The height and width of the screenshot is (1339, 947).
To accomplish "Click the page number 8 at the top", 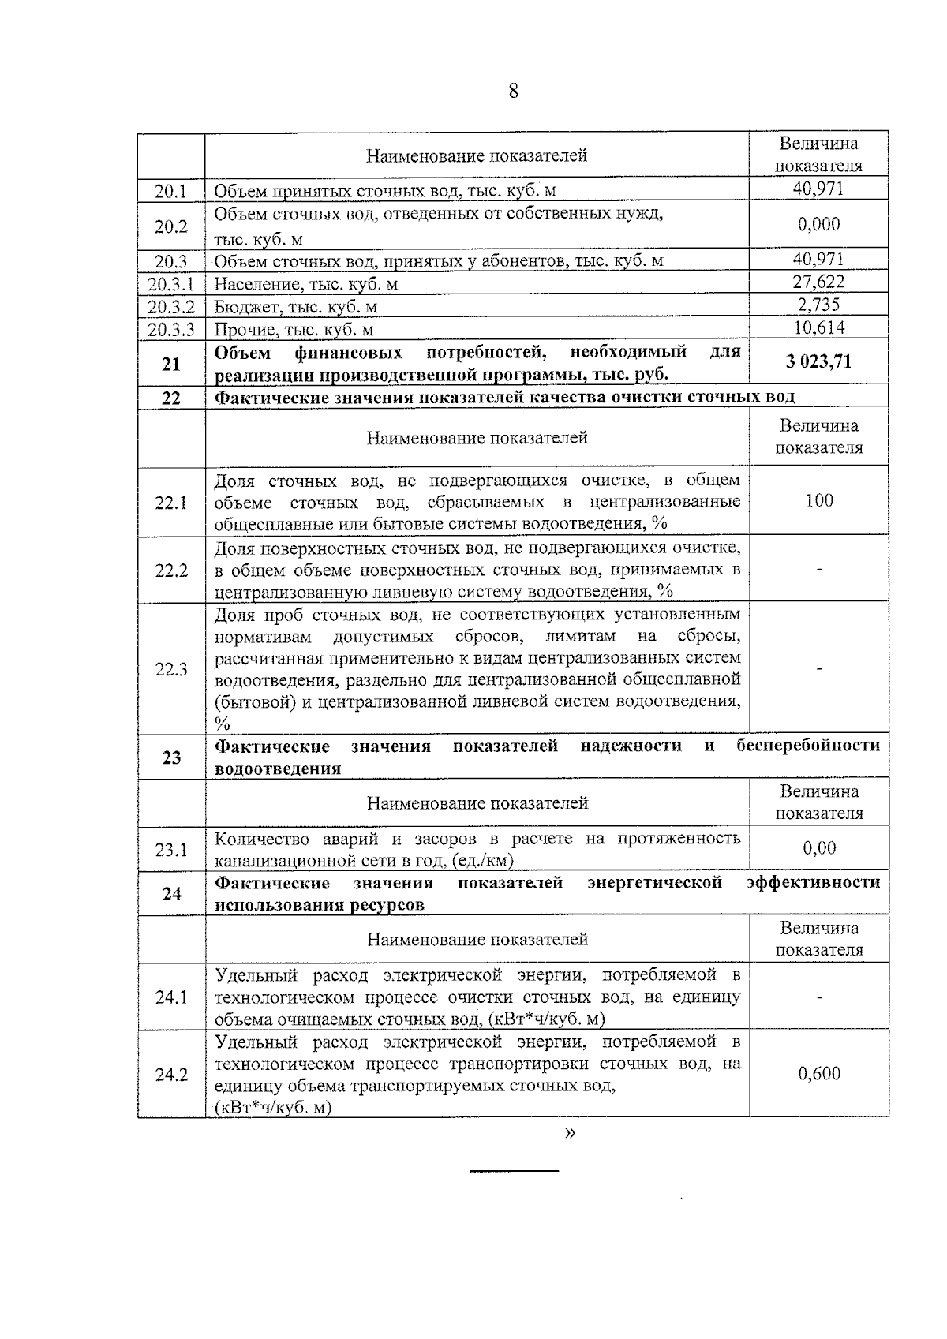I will (513, 92).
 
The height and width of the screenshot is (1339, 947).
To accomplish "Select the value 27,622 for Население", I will (818, 282).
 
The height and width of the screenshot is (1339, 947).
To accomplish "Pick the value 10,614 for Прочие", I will (818, 327).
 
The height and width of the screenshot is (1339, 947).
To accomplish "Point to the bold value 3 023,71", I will (818, 362).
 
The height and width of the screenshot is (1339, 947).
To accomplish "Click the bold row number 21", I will (171, 364).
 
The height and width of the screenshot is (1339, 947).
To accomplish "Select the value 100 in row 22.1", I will (819, 500).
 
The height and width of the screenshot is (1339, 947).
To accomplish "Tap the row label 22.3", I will (171, 670).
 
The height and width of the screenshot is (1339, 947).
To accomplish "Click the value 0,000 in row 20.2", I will (818, 225).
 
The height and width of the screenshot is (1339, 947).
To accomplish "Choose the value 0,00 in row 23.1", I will (819, 848).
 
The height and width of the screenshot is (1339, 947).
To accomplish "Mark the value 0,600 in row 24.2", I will (819, 1073).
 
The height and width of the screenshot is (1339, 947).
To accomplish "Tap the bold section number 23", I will (171, 757).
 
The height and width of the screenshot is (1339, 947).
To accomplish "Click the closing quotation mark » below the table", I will (570, 1134).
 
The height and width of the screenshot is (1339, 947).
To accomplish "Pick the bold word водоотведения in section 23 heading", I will (278, 769).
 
